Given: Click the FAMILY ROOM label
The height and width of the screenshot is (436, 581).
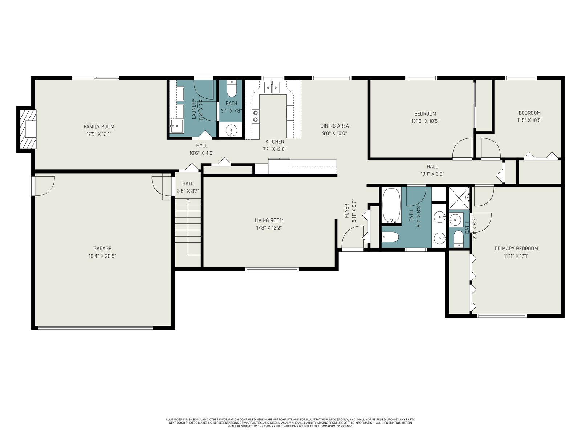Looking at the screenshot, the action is tap(99, 126).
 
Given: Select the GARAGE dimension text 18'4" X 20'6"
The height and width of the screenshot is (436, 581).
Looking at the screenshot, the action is tap(102, 256).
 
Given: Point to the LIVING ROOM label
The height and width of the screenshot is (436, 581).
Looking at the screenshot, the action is tap(269, 220).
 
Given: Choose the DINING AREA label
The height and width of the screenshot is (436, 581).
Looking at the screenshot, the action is tap(334, 126).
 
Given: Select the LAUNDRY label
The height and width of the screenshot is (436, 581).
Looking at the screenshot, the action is tap(194, 109).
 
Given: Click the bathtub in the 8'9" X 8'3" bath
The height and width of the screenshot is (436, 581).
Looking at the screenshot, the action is tap(391, 205).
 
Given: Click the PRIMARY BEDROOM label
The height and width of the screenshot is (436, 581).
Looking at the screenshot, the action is tap(516, 249).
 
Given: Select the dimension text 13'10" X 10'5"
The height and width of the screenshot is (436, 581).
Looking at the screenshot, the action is tap(425, 121).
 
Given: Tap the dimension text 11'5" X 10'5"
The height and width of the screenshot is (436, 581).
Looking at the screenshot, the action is tap(530, 120).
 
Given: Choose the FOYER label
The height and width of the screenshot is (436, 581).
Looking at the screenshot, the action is tap(346, 211).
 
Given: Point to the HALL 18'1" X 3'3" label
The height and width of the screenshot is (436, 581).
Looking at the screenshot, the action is tap(432, 170).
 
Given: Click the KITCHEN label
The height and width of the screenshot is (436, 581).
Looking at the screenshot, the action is tap(275, 142).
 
